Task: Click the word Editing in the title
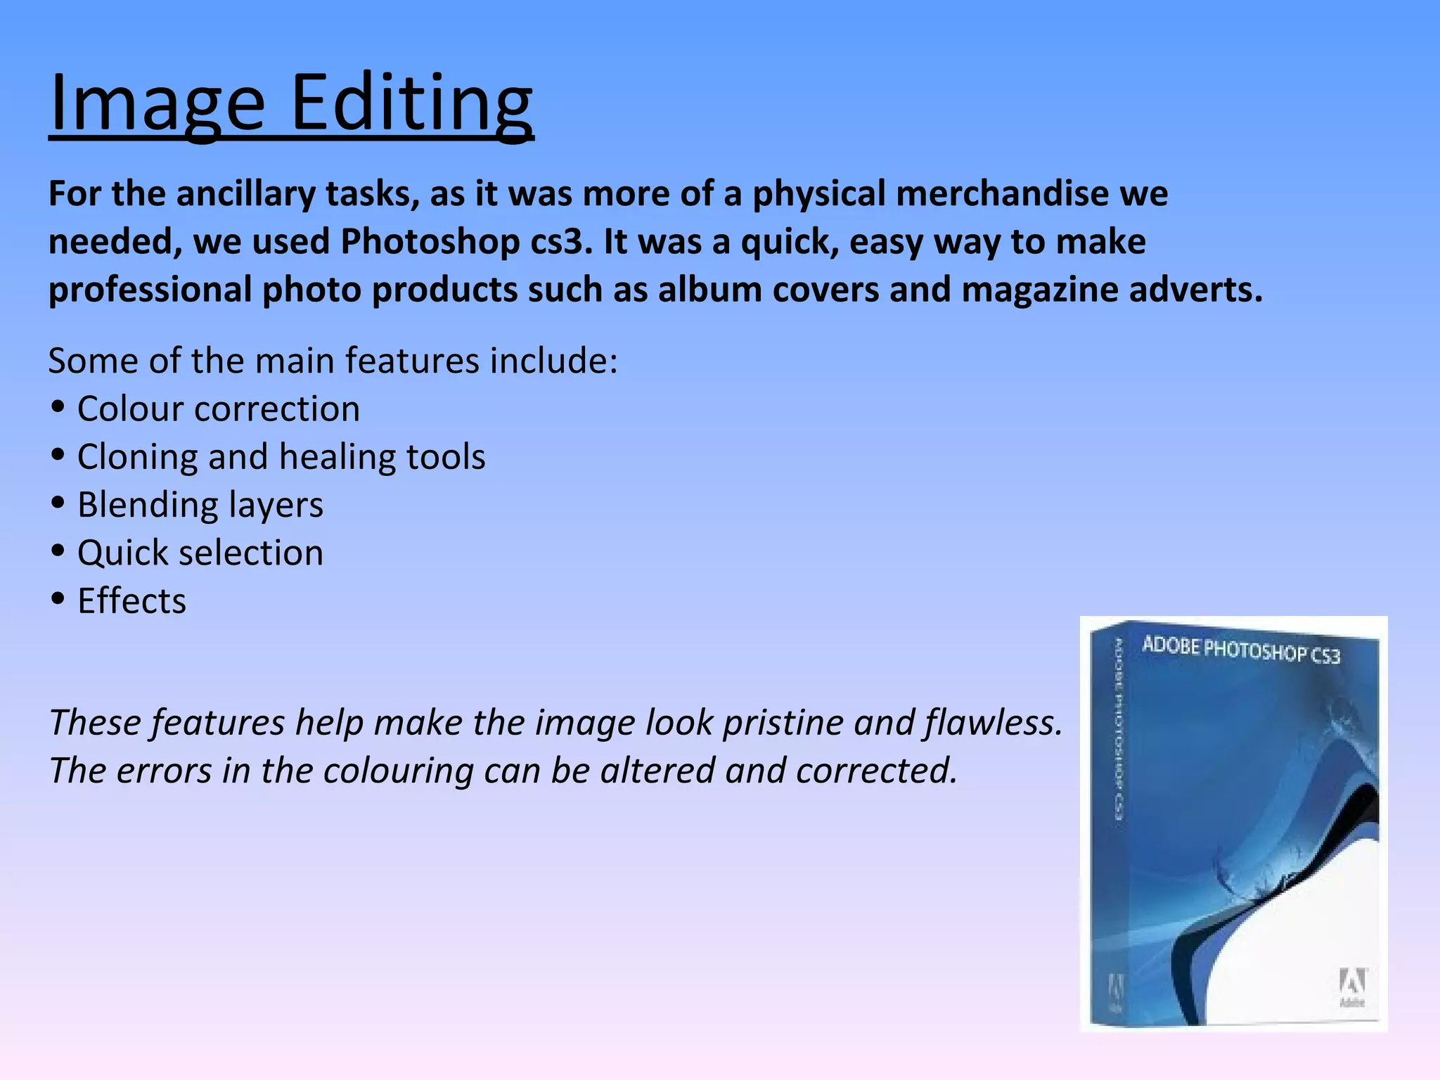[411, 104]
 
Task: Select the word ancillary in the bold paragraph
[246, 194]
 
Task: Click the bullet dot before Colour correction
[58, 407]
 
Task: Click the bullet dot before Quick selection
[58, 551]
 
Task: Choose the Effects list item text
[132, 601]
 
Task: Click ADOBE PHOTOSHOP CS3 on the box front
[1241, 650]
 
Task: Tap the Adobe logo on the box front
[1351, 984]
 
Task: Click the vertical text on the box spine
[1118, 728]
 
